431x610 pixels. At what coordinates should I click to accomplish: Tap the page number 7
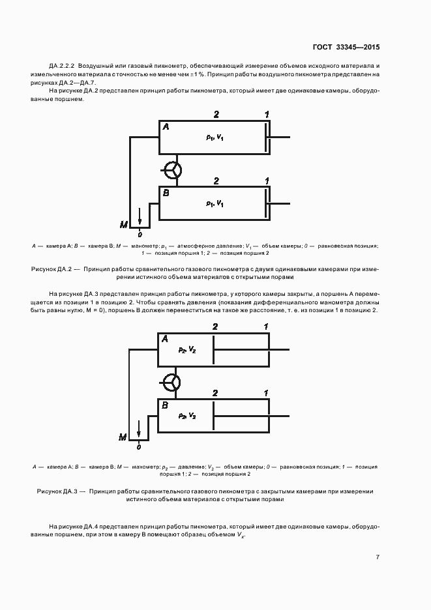pyautogui.click(x=378, y=557)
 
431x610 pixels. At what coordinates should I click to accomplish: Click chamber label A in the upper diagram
pyautogui.click(x=166, y=127)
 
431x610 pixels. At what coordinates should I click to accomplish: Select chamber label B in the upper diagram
pyautogui.click(x=166, y=193)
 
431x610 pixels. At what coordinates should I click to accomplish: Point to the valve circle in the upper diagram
pyautogui.click(x=173, y=170)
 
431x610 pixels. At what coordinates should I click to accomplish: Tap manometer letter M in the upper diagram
pyautogui.click(x=123, y=225)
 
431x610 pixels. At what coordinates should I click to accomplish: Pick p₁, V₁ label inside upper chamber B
pyautogui.click(x=215, y=203)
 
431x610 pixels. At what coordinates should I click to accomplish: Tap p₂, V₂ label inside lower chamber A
pyautogui.click(x=187, y=350)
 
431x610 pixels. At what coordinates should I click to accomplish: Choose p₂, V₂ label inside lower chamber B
pyautogui.click(x=187, y=415)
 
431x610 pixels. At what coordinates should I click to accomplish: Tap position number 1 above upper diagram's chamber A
pyautogui.click(x=266, y=115)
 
